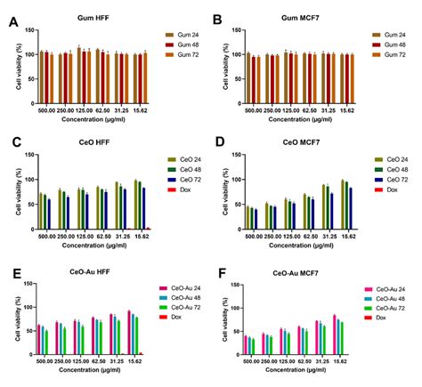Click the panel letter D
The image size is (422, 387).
(218, 141)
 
